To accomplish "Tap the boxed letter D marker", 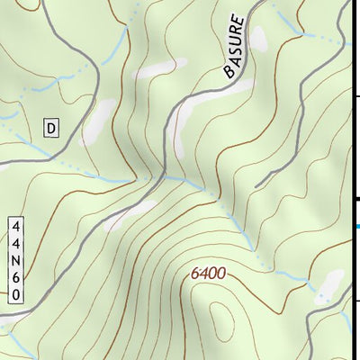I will pos(51,129).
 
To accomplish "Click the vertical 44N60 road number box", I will pos(17,260).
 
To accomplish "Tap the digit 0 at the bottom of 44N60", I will pos(17,293).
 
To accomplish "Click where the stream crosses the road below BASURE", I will pos(166,176).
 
